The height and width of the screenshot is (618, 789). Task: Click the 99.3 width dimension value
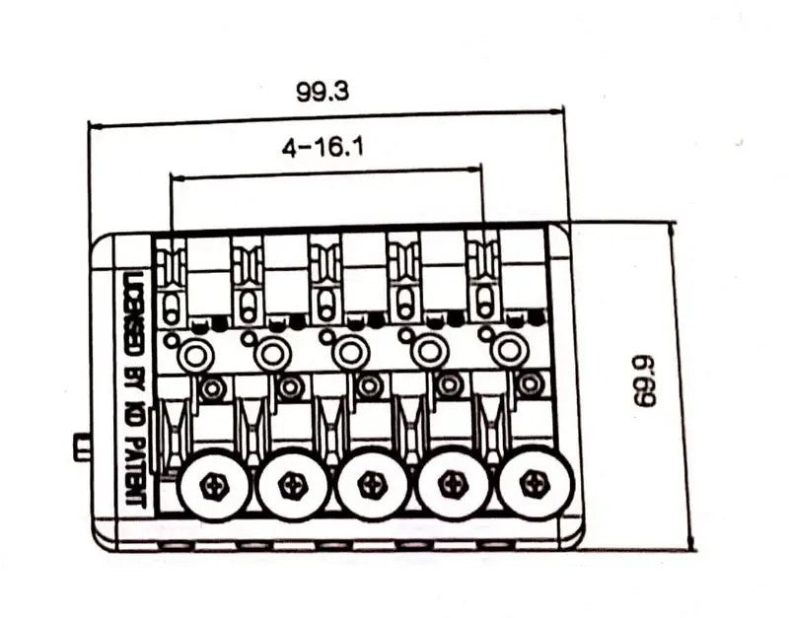pos(323,92)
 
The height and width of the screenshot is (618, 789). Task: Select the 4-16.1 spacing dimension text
pos(323,148)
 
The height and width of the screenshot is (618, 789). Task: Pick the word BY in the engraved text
pos(135,375)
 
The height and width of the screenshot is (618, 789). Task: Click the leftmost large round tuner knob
pos(215,484)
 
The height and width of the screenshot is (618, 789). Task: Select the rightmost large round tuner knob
pos(535,484)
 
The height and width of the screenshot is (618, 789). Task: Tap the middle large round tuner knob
pos(374,484)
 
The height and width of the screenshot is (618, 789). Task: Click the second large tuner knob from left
pos(293,484)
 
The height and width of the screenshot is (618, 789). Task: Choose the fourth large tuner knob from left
pos(454,484)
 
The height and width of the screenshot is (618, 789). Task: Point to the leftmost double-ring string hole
pos(193,355)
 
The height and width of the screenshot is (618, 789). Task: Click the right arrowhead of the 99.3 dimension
pos(557,111)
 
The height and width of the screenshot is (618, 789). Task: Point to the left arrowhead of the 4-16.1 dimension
pos(179,177)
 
